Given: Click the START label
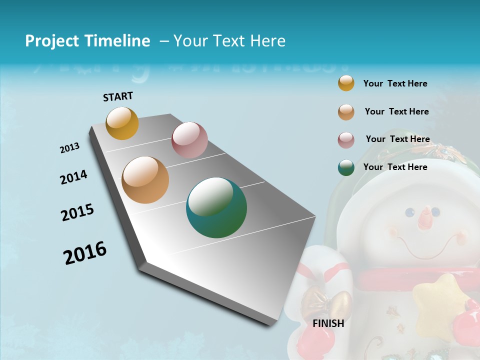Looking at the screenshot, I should tap(118, 96).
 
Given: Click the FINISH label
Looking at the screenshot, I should tap(328, 323).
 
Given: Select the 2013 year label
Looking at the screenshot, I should tap(69, 148).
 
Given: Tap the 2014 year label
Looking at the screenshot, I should tap(73, 177).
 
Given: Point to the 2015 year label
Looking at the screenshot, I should tap(77, 213).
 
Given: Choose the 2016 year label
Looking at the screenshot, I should tap(85, 252).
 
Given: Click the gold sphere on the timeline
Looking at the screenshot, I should tap(122, 123).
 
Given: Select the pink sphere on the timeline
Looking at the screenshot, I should tap(189, 140).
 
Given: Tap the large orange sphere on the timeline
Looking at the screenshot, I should tap(145, 180).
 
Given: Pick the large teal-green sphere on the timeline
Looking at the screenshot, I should tap(216, 207).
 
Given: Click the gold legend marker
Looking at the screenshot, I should tap(346, 83).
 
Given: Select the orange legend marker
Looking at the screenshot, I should tap(346, 112).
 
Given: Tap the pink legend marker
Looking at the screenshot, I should tap(346, 140).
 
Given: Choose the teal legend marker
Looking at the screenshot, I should tap(346, 167).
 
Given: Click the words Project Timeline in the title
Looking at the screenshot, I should tap(87, 41).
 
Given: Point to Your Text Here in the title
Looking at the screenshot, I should tap(229, 41).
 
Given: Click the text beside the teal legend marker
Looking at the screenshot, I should tap(395, 167).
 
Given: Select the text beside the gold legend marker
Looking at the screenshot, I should tap(395, 83).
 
